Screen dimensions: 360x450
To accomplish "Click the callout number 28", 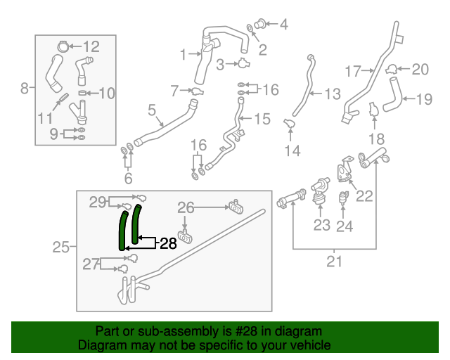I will point(168,243).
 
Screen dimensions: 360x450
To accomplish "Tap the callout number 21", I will point(334,262).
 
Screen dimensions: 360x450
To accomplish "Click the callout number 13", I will point(331,94).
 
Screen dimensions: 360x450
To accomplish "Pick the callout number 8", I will point(25,88).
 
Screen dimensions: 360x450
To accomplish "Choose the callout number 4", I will point(284,25).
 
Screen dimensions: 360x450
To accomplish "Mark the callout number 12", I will point(91,47).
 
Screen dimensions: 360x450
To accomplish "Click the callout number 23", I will point(321,225).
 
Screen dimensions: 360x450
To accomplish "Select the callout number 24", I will point(345,226).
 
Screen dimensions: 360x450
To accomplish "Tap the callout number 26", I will point(186,207).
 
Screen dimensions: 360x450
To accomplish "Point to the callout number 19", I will point(424,99).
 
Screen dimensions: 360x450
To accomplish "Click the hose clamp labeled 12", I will point(61,47).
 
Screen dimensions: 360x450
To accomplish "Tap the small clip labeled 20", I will point(391,68).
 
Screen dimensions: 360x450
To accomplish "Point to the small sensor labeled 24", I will point(345,198).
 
